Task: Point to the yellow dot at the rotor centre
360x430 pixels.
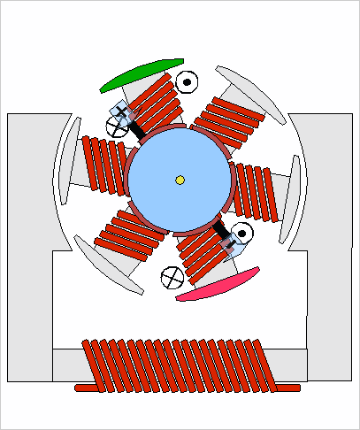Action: pyautogui.click(x=180, y=180)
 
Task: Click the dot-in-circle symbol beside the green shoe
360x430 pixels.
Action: pyautogui.click(x=187, y=82)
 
